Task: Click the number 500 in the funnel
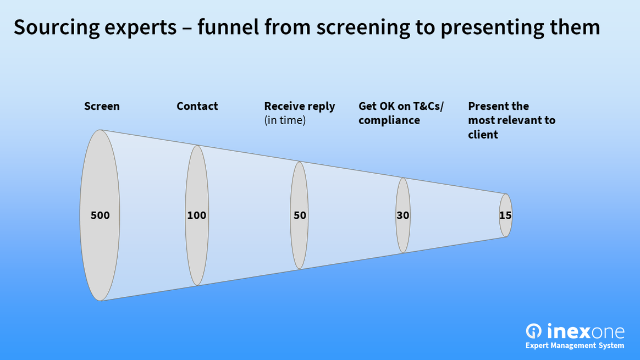click(100, 215)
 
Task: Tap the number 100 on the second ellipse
click(196, 215)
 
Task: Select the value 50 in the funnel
click(300, 215)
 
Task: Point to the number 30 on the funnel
click(403, 215)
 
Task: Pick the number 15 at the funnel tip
click(505, 215)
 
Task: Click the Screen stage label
click(102, 106)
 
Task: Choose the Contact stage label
click(197, 106)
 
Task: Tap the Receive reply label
click(299, 106)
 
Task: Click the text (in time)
click(284, 120)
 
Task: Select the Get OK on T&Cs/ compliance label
click(400, 113)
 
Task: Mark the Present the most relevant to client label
click(511, 120)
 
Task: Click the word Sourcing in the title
click(50, 27)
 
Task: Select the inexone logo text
click(586, 331)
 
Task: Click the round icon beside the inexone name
click(534, 331)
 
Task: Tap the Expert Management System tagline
click(575, 346)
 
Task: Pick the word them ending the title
click(577, 26)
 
